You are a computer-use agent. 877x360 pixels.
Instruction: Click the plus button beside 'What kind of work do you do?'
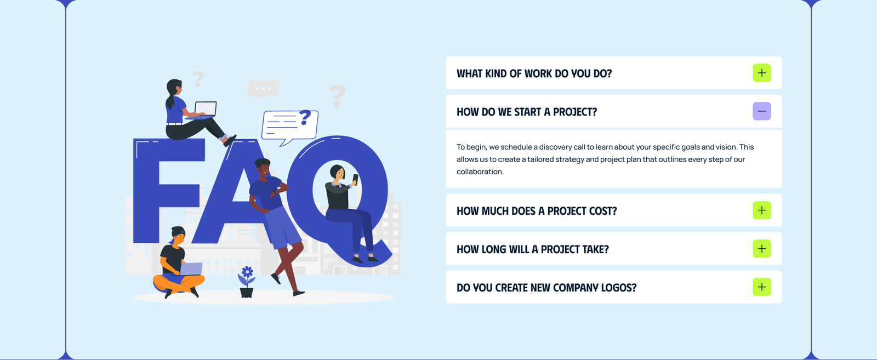coord(761,73)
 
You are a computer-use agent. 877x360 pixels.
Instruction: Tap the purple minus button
coord(761,111)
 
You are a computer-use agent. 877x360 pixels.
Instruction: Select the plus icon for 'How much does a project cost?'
coord(761,210)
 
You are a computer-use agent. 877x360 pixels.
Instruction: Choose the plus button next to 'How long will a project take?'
coord(761,249)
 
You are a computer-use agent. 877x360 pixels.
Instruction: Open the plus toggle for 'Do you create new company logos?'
coord(761,287)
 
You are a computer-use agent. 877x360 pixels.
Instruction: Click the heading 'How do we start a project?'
coord(527,112)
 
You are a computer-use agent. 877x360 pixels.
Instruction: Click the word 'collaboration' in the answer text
coord(479,172)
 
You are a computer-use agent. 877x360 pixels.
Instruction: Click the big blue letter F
coord(159,186)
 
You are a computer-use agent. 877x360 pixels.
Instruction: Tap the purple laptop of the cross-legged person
coord(191,269)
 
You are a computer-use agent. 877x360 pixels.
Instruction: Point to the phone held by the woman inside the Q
coord(355,179)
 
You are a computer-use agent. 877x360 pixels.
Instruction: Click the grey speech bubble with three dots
coord(263,89)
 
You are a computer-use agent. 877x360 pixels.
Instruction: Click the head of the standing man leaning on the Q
coord(263,167)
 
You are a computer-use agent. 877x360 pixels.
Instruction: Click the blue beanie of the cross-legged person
coord(178,232)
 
